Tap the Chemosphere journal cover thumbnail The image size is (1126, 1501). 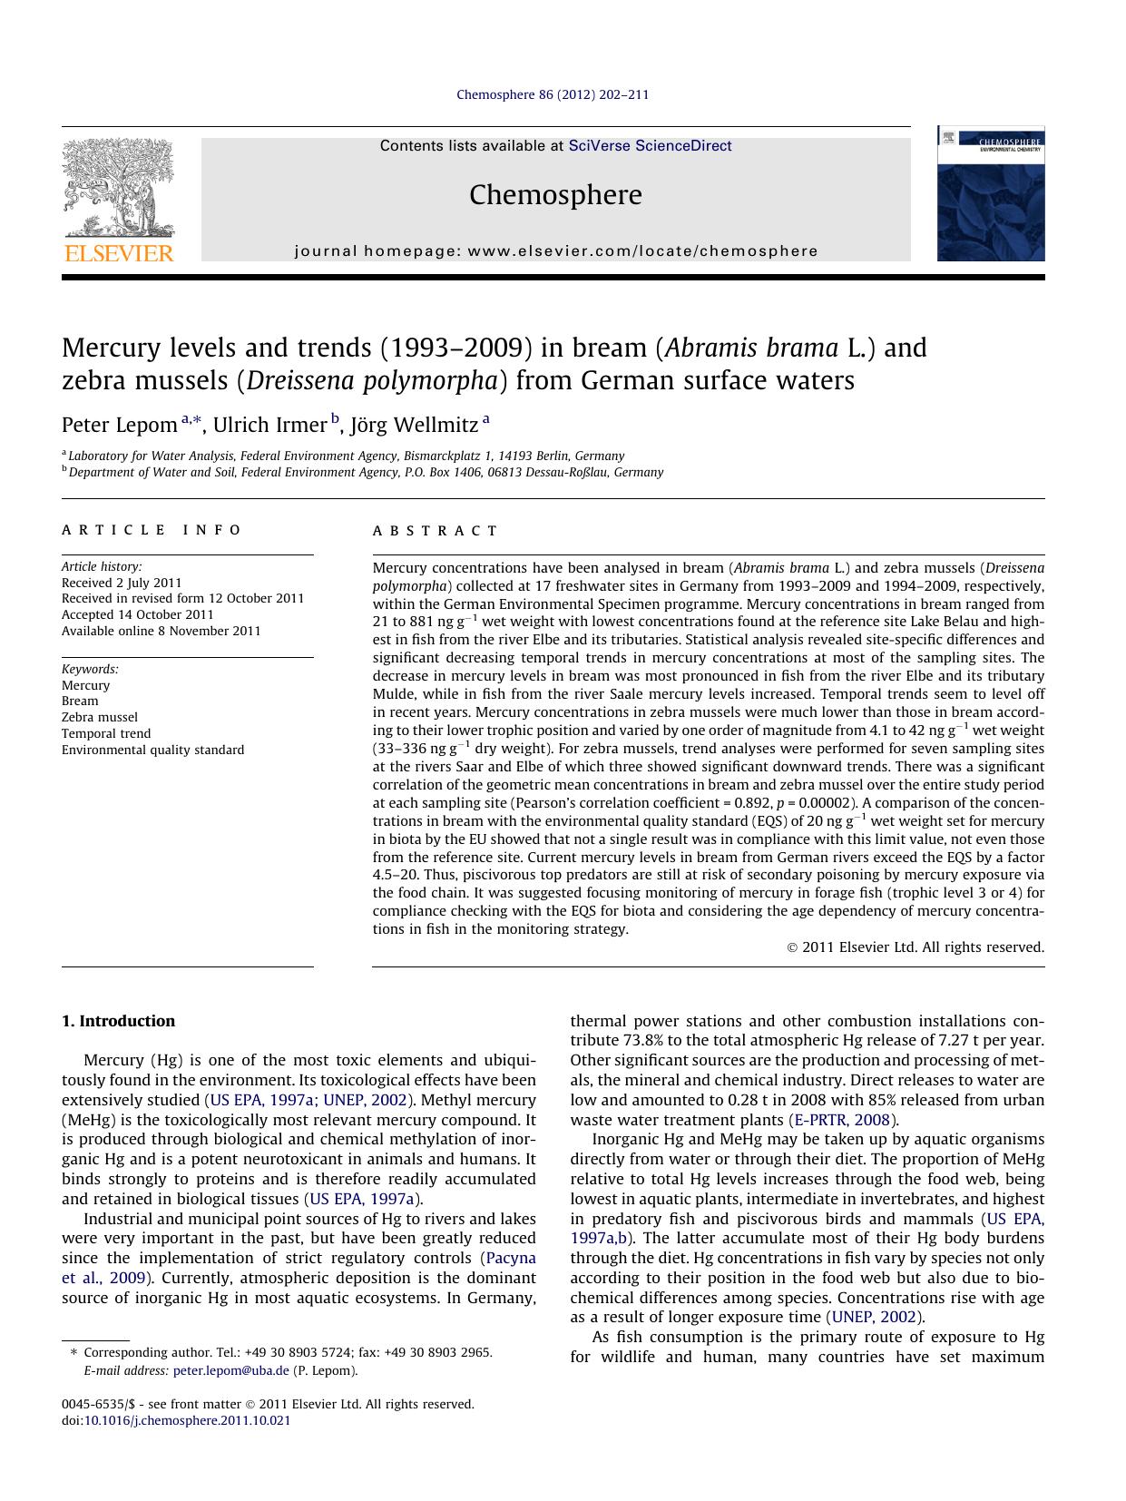pos(990,194)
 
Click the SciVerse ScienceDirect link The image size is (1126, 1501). pos(650,146)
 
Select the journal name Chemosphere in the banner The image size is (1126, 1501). pos(555,195)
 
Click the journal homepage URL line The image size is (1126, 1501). pos(555,251)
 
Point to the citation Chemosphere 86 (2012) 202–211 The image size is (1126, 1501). pos(552,94)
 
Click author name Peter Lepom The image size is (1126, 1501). pos(119,425)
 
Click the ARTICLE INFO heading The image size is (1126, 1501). pos(152,530)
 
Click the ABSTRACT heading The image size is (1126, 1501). pos(436,531)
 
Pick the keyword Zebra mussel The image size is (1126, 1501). pos(100,717)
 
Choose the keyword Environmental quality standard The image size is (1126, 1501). pos(152,750)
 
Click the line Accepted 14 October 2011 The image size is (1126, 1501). pos(137,614)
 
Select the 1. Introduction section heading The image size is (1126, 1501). pos(118,1021)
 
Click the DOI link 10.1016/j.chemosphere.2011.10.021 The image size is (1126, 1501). pos(187,1420)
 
